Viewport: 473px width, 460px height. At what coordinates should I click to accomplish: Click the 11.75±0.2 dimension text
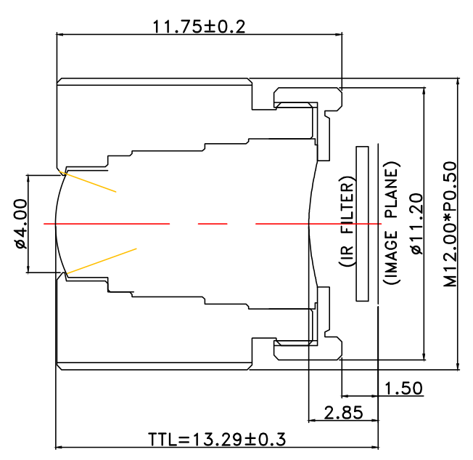(198, 27)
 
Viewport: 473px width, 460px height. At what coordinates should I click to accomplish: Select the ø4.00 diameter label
(20, 224)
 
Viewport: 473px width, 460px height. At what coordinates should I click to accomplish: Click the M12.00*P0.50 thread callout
(451, 224)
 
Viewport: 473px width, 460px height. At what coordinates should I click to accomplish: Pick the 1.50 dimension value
(403, 388)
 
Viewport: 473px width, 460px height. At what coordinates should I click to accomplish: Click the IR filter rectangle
(363, 224)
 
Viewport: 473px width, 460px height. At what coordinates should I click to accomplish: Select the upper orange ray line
(89, 182)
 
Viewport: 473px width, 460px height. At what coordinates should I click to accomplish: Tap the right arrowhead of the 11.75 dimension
(338, 33)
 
